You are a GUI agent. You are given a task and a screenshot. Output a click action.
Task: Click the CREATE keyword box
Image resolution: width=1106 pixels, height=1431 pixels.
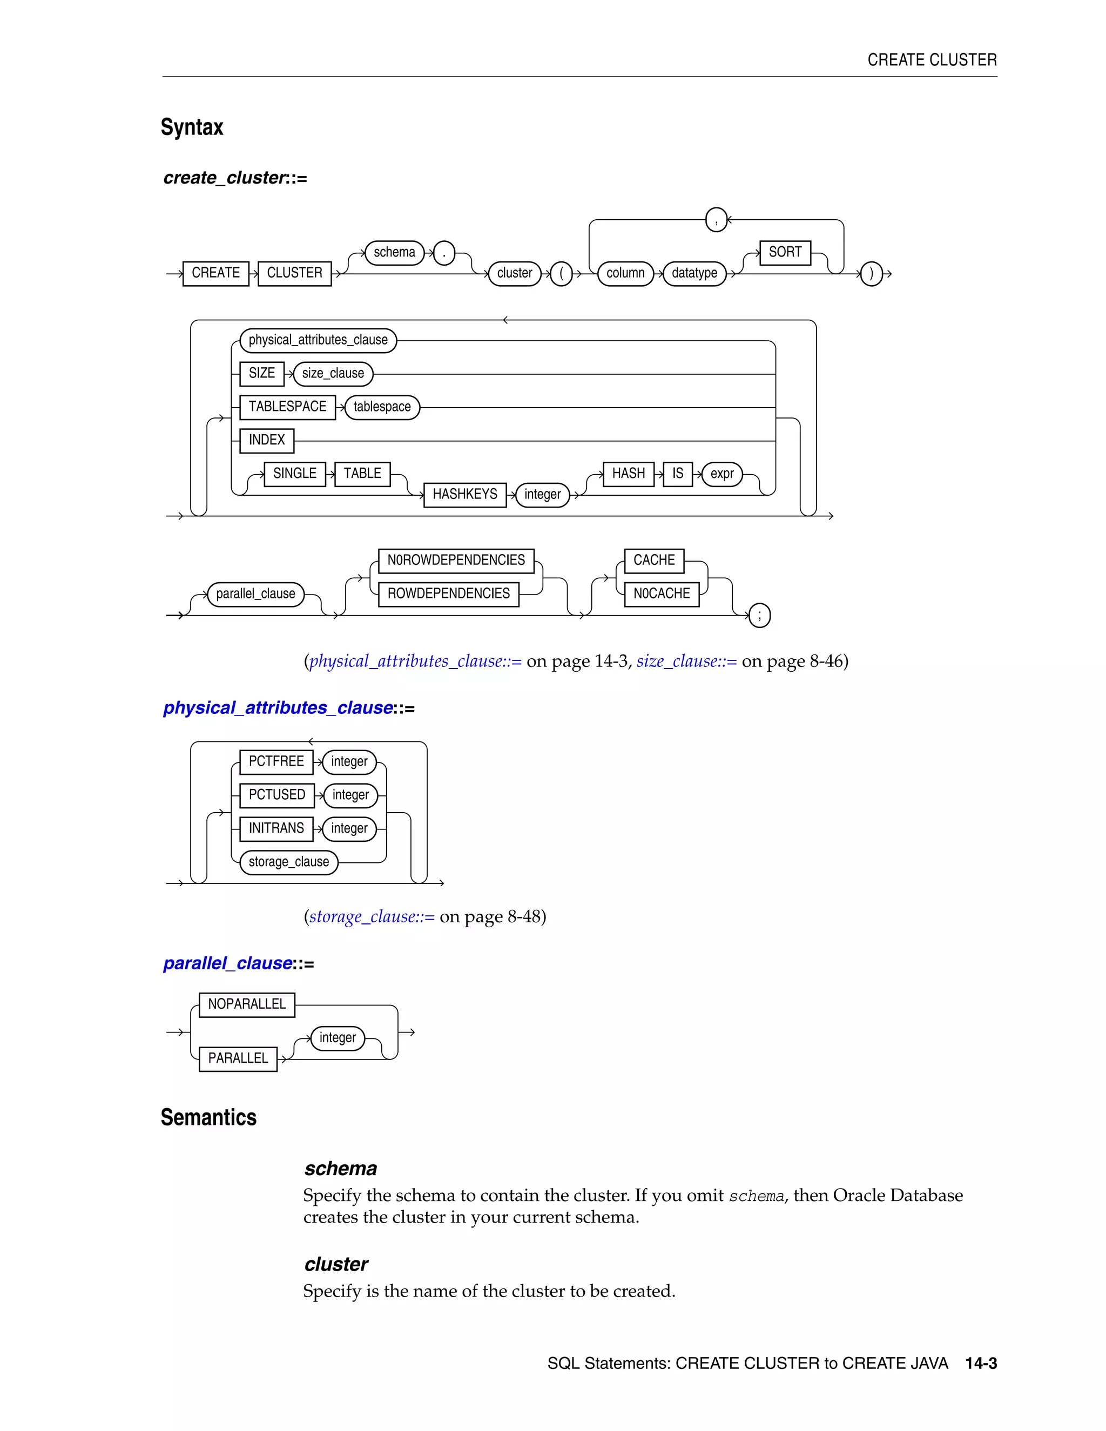(215, 273)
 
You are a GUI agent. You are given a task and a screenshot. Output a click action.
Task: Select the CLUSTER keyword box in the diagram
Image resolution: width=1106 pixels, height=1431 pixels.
(294, 273)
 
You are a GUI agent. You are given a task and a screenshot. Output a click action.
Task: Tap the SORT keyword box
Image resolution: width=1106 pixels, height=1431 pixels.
(785, 252)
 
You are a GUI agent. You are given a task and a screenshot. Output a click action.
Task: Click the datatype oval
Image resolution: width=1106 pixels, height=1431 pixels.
(694, 273)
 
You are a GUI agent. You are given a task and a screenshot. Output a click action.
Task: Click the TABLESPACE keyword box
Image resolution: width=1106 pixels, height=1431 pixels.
(287, 407)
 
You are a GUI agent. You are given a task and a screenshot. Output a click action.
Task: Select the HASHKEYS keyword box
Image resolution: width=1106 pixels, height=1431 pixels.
(464, 494)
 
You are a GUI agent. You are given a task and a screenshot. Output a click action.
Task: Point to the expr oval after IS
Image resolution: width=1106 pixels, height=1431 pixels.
(721, 474)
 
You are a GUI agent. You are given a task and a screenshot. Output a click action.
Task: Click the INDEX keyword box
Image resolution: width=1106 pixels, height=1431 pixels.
(267, 440)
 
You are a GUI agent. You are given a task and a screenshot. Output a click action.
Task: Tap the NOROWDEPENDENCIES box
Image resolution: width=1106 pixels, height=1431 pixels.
(456, 560)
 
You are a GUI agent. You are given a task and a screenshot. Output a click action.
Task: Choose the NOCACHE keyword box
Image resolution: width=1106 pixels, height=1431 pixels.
(661, 593)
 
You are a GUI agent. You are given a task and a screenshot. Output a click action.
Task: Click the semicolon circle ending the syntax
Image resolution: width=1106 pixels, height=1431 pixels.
(759, 615)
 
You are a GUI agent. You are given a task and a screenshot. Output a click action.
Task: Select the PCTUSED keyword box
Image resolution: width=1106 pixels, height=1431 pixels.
(276, 795)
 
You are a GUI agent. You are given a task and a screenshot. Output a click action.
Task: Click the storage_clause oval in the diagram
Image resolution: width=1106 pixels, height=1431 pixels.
(288, 862)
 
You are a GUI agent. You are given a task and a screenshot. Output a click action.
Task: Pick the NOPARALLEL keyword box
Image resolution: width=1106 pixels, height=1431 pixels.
(246, 1004)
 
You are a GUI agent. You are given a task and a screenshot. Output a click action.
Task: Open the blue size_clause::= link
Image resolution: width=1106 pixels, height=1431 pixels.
(686, 661)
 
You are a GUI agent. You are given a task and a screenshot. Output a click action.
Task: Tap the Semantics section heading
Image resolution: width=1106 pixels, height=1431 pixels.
(208, 1117)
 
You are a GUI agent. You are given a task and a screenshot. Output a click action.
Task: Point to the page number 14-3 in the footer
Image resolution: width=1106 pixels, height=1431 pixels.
(981, 1363)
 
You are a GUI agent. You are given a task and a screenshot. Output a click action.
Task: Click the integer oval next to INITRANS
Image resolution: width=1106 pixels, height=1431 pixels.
(349, 828)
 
